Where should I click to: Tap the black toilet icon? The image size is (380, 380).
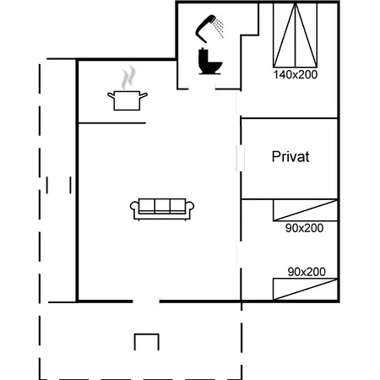pyautogui.click(x=208, y=62)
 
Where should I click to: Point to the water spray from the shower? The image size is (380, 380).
pyautogui.click(x=219, y=28)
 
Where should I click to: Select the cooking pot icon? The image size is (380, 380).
pyautogui.click(x=127, y=100)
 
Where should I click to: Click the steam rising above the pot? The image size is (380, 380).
pyautogui.click(x=128, y=79)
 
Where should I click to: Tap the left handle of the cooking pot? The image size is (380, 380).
pyautogui.click(x=111, y=95)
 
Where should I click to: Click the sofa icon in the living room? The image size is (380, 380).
pyautogui.click(x=162, y=209)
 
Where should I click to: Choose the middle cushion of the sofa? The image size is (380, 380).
pyautogui.click(x=162, y=205)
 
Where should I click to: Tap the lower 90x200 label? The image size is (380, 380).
pyautogui.click(x=306, y=272)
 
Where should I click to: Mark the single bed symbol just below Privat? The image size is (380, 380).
pyautogui.click(x=305, y=210)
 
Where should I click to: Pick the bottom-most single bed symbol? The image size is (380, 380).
pyautogui.click(x=305, y=289)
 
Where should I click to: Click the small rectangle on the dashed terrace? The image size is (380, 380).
pyautogui.click(x=146, y=341)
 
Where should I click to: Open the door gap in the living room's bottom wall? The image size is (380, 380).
pyautogui.click(x=146, y=301)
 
